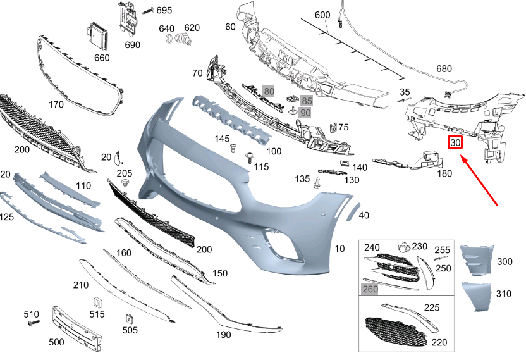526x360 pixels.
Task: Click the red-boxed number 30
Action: pos(455,142)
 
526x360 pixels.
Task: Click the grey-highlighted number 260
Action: pos(369,289)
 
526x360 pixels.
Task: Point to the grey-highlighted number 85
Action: pos(306,101)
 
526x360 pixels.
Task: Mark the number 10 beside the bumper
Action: pos(339,249)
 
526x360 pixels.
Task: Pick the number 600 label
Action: pos(322,15)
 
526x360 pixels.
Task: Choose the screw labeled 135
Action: pos(315,183)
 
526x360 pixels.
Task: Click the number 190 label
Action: pos(224,334)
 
